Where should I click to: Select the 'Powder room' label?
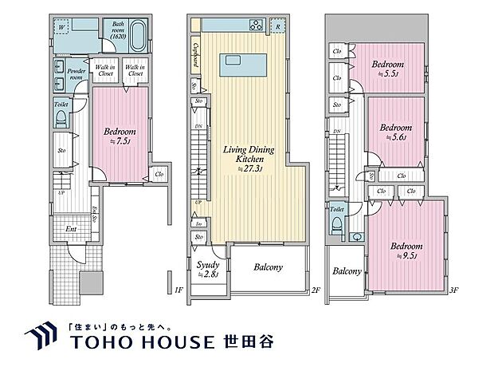click(76, 74)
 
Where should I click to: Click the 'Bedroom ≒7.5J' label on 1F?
click(120, 136)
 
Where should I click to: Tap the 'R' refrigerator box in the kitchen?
click(276, 25)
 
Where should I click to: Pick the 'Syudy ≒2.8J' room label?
click(209, 270)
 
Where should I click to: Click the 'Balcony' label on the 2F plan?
click(268, 268)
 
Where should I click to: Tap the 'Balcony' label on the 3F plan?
click(347, 271)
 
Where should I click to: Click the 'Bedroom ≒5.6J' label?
click(396, 132)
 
